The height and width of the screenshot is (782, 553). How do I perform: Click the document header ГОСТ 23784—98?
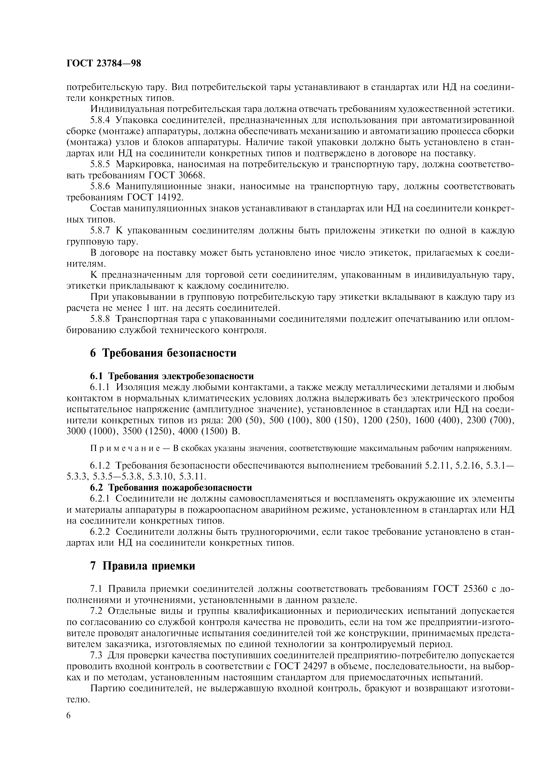click(x=104, y=63)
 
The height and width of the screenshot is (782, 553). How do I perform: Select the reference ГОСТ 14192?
click(x=155, y=198)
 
